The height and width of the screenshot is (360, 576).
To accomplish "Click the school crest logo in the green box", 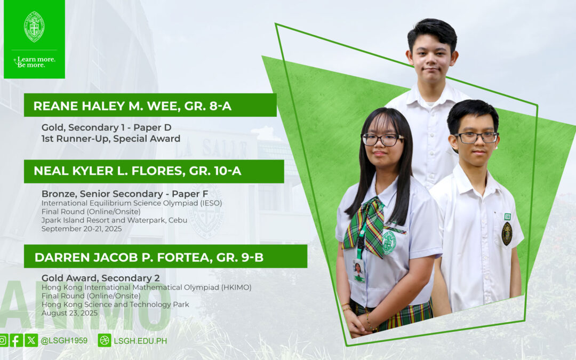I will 34,27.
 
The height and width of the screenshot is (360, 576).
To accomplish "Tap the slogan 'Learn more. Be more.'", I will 35,62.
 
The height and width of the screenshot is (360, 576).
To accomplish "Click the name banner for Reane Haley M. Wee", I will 150,106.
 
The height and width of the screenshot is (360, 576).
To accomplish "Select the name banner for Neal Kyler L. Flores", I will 154,171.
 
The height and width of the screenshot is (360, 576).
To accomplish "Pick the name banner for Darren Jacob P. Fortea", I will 165,257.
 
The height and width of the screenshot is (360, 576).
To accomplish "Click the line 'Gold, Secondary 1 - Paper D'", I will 106,127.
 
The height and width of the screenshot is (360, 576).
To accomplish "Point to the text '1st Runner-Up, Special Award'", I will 111,139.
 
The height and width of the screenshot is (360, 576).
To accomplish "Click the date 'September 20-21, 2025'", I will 82,229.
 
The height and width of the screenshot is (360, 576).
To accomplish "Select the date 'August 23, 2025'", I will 69,313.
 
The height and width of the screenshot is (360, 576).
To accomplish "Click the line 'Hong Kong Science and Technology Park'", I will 115,305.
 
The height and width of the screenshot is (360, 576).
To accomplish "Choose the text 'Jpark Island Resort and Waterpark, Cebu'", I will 117,220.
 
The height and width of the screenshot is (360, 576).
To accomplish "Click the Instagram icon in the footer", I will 3,340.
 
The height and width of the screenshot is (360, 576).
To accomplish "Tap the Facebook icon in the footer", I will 17,340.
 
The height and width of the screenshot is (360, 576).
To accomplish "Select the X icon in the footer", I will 31,340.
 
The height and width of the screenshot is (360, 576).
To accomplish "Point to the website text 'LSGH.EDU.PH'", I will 140,340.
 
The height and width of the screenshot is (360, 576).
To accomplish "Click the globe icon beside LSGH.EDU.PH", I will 105,340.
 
